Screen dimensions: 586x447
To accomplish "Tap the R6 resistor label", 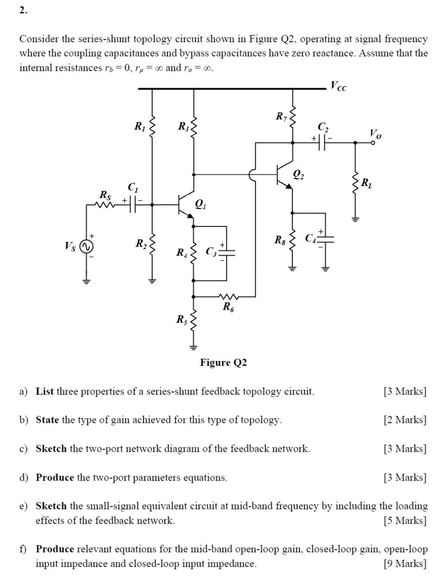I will coord(228,307).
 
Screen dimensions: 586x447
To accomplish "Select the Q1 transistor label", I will coord(201,204).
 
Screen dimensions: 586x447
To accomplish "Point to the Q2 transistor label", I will coord(299,175).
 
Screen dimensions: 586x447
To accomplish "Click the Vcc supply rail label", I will coord(339,86).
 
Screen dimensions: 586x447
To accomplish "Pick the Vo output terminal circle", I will coord(373,143).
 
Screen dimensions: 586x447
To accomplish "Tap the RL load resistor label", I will coord(367,182).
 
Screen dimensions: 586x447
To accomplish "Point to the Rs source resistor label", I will coord(105,194).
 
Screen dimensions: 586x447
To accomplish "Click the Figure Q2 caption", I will coord(223,362).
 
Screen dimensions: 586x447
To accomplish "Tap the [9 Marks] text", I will coord(405,563).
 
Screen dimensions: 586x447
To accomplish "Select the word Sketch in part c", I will coord(51,449).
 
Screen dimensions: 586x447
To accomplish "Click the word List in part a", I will coord(45,392).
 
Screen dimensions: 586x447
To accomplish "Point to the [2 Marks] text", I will coord(405,420).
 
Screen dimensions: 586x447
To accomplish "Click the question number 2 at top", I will coord(23,11).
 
